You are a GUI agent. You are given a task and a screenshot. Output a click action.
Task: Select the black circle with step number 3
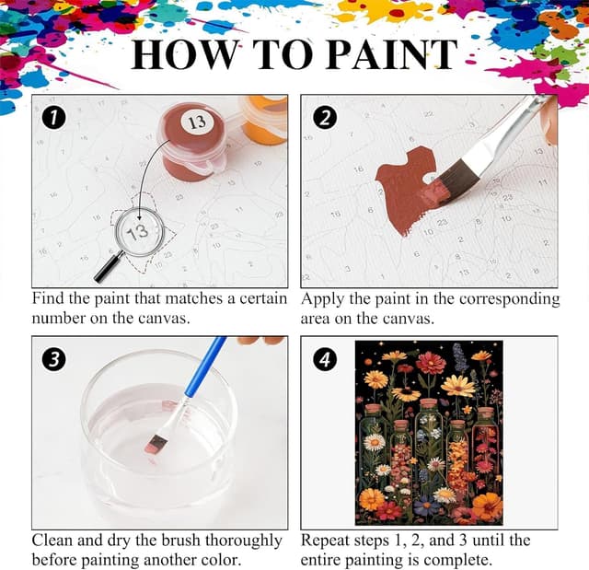click(x=54, y=358)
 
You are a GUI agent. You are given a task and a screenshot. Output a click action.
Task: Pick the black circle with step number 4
click(x=323, y=358)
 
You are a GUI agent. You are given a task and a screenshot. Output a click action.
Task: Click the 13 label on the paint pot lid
click(x=196, y=122)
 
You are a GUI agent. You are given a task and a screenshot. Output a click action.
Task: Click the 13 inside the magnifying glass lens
click(x=138, y=233)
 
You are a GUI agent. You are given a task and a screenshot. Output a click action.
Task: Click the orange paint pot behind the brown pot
click(x=264, y=120)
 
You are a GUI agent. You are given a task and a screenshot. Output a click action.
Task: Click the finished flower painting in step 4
click(x=428, y=431)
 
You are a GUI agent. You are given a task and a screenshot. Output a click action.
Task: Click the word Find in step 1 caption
click(x=50, y=299)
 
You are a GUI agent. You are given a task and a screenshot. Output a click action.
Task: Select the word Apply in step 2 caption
click(x=323, y=299)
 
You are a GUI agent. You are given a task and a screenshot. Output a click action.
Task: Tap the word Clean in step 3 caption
click(x=54, y=541)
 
